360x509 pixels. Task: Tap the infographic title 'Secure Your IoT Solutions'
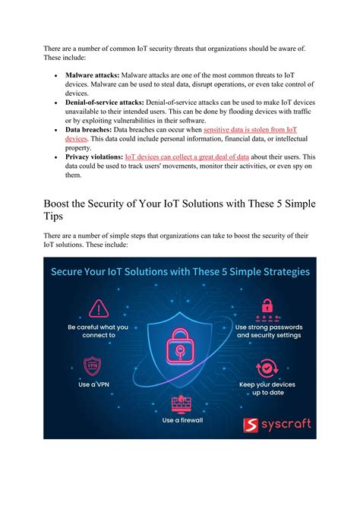pos(180,272)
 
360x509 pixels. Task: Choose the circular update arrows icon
pos(267,369)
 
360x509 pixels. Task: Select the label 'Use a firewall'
pos(181,420)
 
